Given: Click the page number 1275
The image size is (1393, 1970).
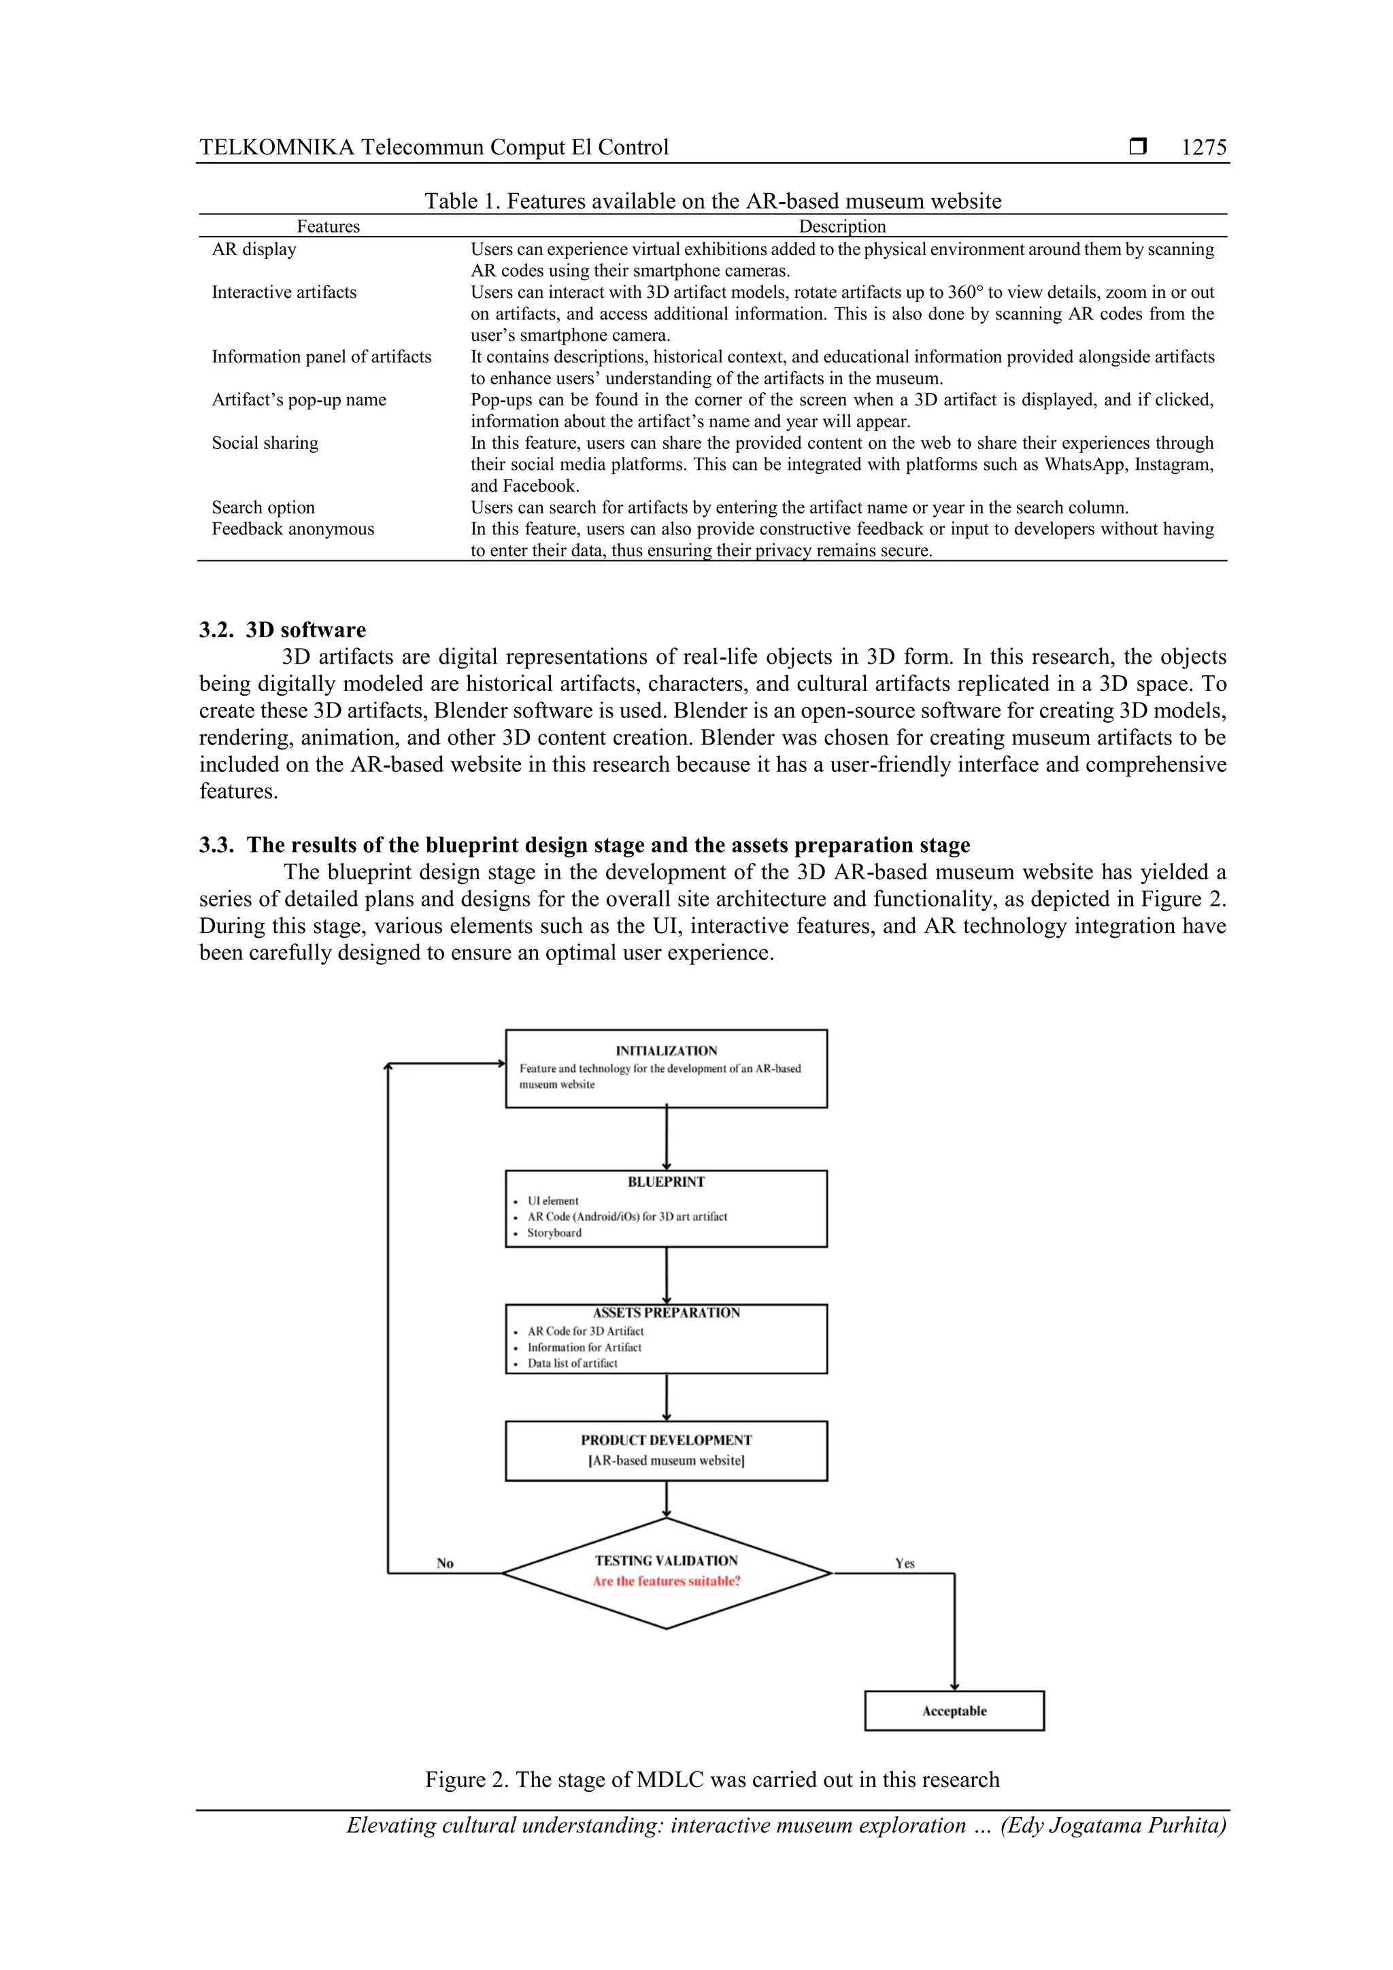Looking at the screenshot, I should [1203, 148].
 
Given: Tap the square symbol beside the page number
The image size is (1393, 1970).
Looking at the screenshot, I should [1137, 147].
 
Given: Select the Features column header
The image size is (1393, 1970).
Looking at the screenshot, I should [328, 226].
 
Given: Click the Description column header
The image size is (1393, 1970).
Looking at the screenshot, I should [842, 226].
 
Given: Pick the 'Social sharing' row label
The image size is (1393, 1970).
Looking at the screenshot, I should [265, 443].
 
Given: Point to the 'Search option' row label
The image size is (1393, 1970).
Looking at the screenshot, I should [263, 507].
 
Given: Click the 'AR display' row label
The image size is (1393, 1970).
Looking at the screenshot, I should [254, 249].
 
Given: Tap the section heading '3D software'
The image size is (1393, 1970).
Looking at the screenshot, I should [305, 630].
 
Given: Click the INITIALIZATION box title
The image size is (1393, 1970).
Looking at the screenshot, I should [666, 1050].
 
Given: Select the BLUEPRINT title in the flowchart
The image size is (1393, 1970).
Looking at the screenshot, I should [666, 1181].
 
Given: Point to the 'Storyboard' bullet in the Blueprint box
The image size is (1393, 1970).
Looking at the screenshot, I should [554, 1233].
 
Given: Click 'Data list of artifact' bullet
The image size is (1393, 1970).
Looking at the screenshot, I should [573, 1363].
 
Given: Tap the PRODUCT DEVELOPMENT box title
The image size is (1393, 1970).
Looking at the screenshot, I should [666, 1440].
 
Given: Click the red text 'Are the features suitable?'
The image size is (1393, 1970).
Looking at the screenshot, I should [666, 1581].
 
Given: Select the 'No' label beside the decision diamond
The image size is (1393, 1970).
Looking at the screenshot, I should [445, 1563].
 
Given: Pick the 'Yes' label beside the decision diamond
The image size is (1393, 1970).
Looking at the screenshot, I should [905, 1563].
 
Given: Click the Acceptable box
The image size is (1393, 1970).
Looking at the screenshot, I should [954, 1711].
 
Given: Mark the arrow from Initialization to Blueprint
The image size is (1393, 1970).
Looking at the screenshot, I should [667, 1138].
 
